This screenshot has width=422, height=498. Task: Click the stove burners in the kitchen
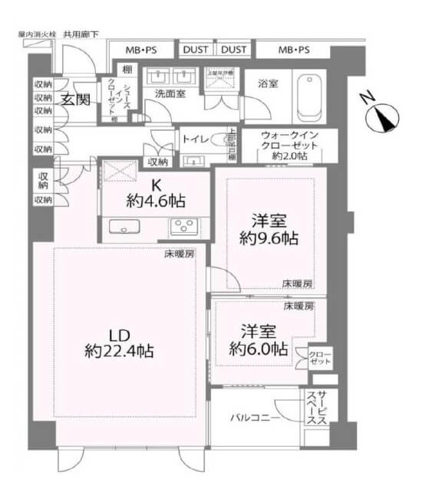tap(184, 225)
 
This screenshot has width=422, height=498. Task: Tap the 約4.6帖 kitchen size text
tap(156, 203)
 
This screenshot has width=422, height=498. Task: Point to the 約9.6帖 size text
tap(267, 238)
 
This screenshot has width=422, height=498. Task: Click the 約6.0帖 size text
tap(259, 349)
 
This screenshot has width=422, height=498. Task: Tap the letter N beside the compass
tap(368, 99)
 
